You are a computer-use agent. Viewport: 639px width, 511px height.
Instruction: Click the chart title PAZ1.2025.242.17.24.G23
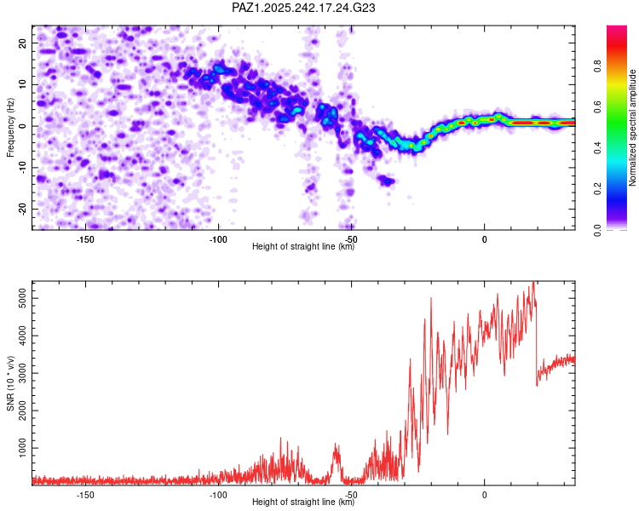pos(303,8)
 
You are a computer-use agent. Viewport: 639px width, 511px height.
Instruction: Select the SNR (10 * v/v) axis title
pos(10,383)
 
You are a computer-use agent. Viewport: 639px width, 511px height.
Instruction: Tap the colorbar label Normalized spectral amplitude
pos(633,128)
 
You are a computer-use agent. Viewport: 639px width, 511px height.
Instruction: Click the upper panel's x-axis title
pos(303,246)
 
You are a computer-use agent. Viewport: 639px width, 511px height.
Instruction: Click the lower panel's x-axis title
pos(303,502)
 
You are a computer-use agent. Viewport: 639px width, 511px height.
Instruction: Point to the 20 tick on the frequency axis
pos(23,43)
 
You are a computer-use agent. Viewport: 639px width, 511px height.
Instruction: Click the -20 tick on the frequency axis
pos(21,209)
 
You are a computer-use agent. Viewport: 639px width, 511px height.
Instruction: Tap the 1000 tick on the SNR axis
pos(18,448)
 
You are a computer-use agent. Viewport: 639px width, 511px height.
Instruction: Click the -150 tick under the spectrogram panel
pos(85,238)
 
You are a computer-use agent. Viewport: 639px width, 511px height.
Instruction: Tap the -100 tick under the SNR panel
pos(218,493)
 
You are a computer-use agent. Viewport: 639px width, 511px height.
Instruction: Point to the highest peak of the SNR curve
pos(533,284)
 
